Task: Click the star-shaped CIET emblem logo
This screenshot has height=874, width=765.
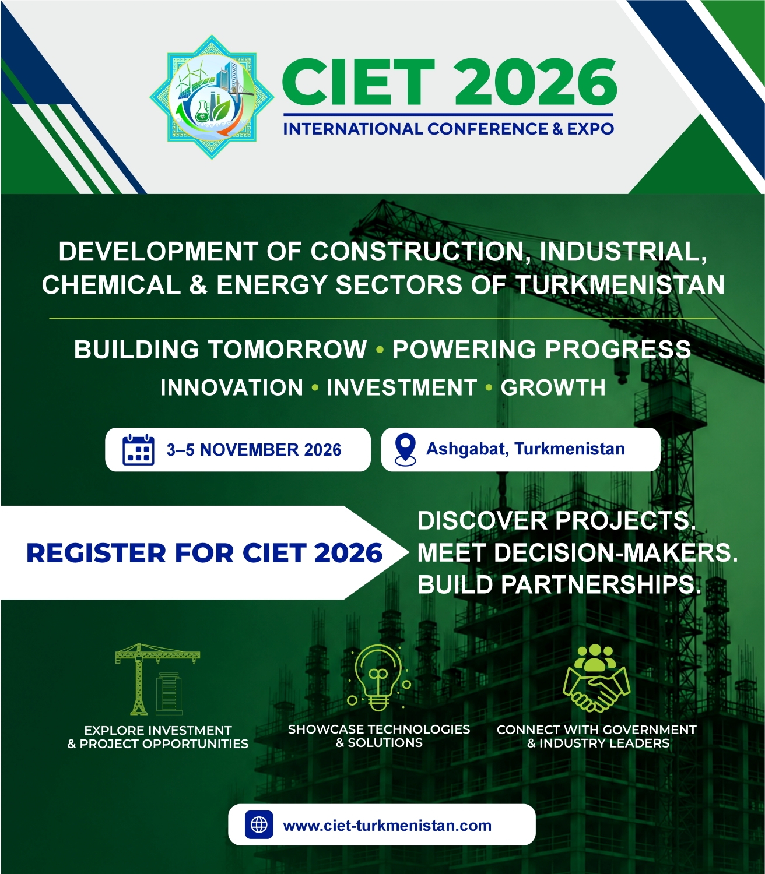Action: (x=212, y=97)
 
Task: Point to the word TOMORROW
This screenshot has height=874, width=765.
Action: (x=287, y=349)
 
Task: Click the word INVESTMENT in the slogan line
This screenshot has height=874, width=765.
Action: (x=402, y=387)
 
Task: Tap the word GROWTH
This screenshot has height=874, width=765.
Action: (x=553, y=387)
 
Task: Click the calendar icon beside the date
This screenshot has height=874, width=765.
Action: (x=138, y=449)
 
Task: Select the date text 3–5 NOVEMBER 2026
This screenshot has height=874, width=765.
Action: (x=254, y=450)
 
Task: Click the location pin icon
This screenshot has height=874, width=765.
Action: (x=405, y=449)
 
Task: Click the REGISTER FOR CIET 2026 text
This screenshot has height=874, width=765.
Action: (x=204, y=553)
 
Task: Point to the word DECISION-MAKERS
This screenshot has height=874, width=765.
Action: (x=616, y=553)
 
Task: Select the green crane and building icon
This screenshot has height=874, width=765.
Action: (x=157, y=679)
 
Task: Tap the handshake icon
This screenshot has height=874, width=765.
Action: (x=596, y=679)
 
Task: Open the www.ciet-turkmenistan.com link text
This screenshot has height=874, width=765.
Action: (x=387, y=825)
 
